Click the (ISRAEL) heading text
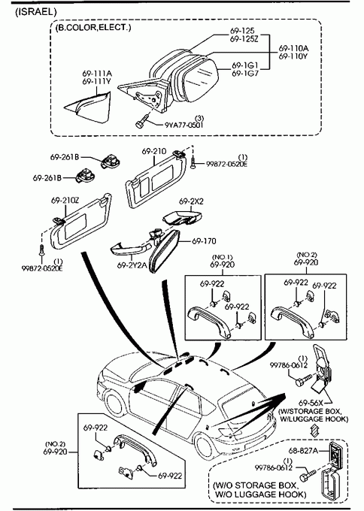point(36,12)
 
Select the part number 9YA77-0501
point(184,125)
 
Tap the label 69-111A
point(97,74)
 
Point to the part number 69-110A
point(293,49)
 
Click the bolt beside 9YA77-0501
point(142,121)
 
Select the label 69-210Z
point(65,201)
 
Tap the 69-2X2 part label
point(191,201)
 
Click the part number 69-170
point(204,241)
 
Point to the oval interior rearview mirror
point(165,251)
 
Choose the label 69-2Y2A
point(132,265)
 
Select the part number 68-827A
point(303,451)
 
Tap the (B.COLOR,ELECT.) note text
point(93,28)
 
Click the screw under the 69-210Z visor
point(42,249)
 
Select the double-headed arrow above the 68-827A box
point(314,430)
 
